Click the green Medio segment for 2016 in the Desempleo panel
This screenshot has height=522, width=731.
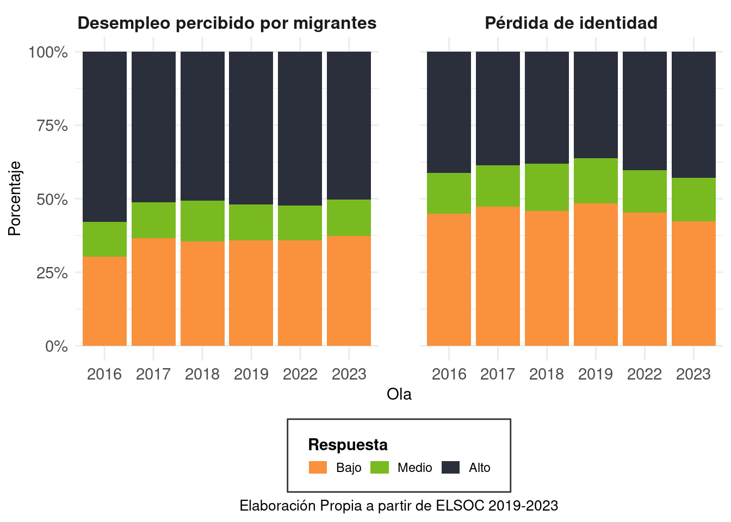tap(104, 239)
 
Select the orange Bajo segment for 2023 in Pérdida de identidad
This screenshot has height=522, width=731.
tap(693, 283)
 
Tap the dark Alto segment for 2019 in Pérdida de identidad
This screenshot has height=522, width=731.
tap(596, 105)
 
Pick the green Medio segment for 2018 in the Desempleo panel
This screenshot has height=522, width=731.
tap(202, 221)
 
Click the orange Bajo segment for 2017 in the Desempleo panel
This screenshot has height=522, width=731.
tap(153, 292)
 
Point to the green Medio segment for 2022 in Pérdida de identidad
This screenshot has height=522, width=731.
tap(645, 191)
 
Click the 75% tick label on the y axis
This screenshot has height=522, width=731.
tap(52, 126)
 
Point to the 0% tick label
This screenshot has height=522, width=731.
tap(57, 346)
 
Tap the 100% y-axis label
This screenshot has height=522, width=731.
tap(48, 52)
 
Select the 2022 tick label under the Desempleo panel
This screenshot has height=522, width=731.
tap(300, 374)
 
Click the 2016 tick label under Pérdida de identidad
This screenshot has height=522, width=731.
tap(449, 374)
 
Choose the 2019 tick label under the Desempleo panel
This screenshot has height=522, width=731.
tap(251, 374)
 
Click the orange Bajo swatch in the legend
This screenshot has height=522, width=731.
tap(318, 467)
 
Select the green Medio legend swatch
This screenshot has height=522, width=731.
tap(380, 467)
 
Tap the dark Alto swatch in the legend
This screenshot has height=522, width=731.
tap(450, 467)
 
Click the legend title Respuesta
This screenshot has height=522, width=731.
tap(348, 445)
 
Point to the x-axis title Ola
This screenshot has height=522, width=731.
tap(399, 394)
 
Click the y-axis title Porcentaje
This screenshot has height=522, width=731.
tap(14, 198)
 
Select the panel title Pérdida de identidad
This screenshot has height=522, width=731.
tap(571, 23)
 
